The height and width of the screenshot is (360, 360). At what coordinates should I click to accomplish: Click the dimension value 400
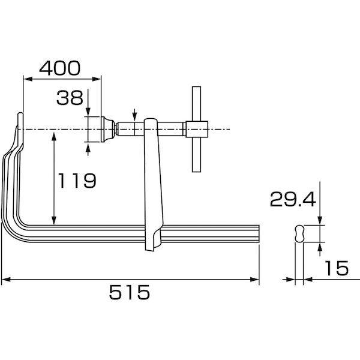click(60, 68)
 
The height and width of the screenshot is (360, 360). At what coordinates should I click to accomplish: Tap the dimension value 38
click(70, 98)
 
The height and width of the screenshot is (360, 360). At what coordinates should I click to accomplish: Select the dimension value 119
click(77, 181)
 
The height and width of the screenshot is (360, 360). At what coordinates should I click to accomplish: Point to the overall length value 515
click(130, 292)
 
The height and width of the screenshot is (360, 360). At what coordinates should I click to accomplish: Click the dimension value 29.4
click(293, 199)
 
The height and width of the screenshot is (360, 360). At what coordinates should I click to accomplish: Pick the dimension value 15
click(337, 268)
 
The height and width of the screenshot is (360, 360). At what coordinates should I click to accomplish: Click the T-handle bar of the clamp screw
click(196, 129)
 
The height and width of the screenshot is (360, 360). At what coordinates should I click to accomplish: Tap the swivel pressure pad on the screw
click(107, 129)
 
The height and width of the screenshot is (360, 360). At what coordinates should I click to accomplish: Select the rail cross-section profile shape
click(299, 233)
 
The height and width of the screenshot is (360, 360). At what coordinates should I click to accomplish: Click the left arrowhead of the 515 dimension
click(6, 280)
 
